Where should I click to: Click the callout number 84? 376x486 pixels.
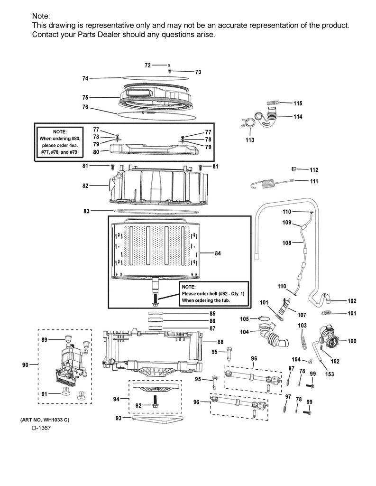[x=218, y=253]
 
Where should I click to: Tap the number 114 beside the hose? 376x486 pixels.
[x=297, y=117]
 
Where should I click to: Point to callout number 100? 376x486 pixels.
[x=352, y=341]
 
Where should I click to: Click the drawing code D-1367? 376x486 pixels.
[x=41, y=428]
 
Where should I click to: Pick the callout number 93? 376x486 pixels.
[x=119, y=418]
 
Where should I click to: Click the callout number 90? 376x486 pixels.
[x=27, y=364]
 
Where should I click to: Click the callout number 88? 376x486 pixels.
[x=220, y=342]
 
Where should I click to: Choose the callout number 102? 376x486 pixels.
[x=352, y=300]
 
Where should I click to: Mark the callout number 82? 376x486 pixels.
[x=85, y=186]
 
